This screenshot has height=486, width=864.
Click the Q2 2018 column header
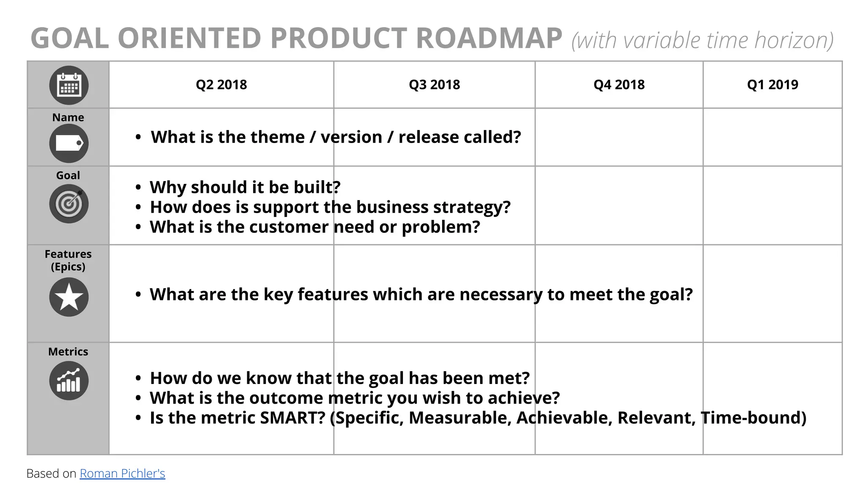point(221,85)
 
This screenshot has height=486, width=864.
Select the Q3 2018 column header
point(434,85)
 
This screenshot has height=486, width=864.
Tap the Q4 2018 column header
point(619,85)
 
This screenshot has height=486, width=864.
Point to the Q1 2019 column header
point(772,85)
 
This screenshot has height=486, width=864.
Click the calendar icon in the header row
point(69,85)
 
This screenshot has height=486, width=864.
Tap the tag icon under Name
point(69,143)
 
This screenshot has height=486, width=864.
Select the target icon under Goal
point(69,204)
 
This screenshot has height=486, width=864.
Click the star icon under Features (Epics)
point(69,297)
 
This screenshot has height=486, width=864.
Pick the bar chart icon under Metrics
point(69,381)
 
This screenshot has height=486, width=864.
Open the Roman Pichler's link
point(122,473)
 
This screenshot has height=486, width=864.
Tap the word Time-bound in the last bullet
point(753,418)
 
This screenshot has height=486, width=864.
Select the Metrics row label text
point(68,351)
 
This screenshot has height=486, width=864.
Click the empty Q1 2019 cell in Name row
point(772,137)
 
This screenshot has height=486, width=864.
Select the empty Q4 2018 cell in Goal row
point(619,205)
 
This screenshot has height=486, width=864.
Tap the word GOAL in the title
point(70,38)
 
